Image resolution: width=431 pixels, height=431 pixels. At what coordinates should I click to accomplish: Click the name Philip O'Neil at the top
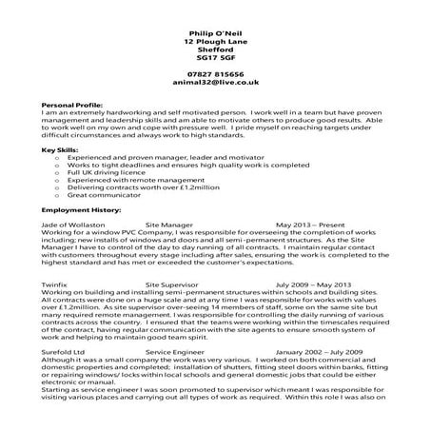tap(215, 33)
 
